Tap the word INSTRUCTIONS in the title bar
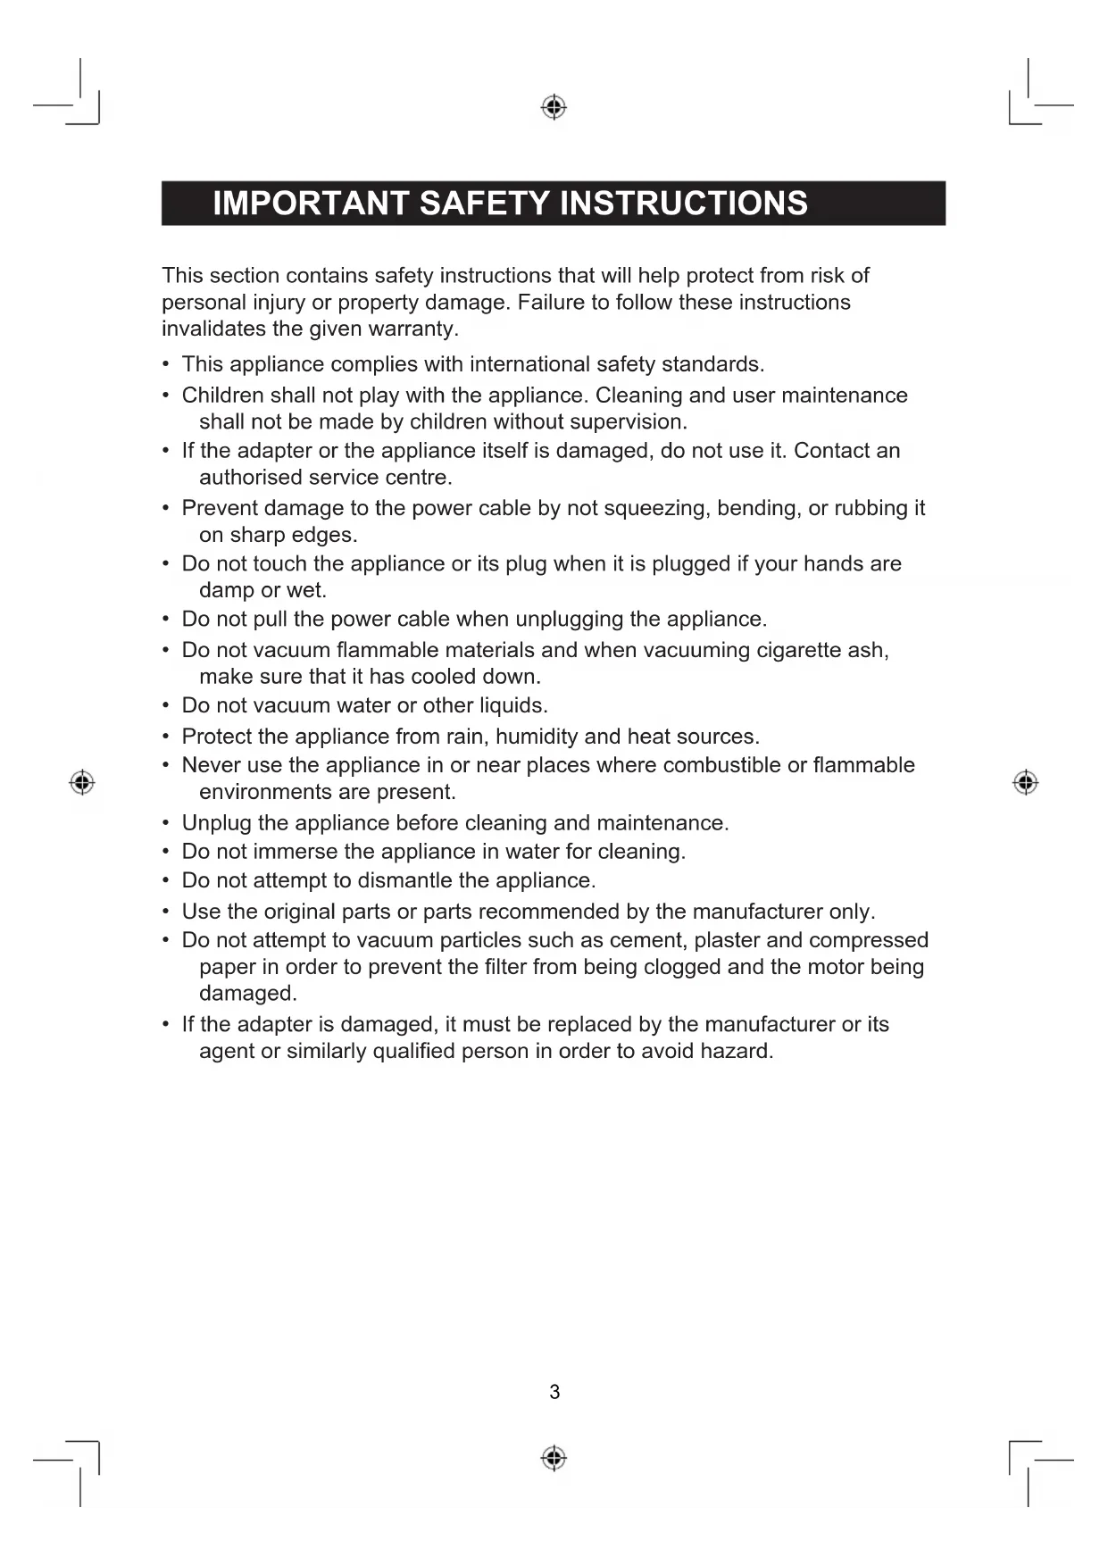point(683,204)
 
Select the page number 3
point(554,1392)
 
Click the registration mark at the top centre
point(554,107)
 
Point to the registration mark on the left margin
point(82,782)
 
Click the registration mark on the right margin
point(1026,782)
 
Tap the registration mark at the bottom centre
point(554,1458)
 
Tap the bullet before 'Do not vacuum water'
point(166,705)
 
